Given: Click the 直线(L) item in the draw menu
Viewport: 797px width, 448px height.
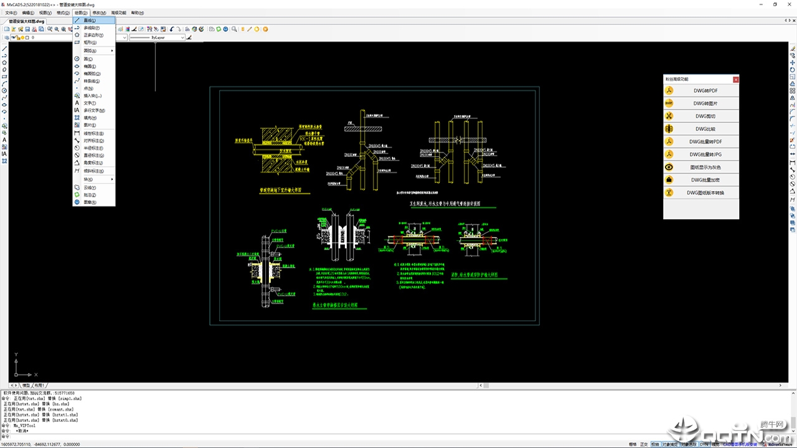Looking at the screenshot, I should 90,21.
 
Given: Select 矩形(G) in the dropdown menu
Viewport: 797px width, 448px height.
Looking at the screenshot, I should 90,43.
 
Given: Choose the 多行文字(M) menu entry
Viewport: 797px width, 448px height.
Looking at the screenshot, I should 94,110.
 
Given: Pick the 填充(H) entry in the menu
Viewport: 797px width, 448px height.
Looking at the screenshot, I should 90,118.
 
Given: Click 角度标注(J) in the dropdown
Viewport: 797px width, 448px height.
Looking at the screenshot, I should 93,163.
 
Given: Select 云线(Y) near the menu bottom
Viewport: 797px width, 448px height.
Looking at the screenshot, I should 90,187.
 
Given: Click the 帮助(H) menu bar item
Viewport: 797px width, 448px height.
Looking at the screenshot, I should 137,12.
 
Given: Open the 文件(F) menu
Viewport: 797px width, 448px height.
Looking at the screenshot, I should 11,12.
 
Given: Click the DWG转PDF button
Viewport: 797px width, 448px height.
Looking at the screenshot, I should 705,91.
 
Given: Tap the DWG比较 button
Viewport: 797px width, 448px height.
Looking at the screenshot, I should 705,129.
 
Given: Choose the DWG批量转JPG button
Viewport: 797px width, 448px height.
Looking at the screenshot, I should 705,154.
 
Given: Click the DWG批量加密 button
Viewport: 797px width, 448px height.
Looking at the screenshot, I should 705,180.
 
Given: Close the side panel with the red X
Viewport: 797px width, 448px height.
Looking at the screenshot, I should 736,80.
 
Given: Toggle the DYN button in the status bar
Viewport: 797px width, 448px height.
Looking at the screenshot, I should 704,444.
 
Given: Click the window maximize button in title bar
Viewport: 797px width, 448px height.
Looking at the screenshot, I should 775,4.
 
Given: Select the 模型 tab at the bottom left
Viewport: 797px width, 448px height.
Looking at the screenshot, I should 26,386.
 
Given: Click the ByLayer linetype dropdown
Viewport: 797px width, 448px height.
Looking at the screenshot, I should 157,37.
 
